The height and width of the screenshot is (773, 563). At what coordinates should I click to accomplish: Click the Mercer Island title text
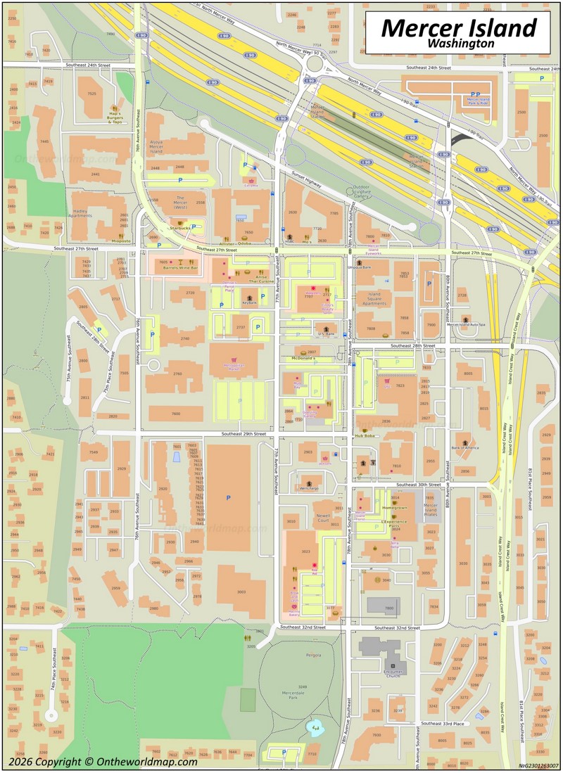click(x=459, y=28)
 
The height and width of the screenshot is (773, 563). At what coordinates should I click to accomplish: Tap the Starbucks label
click(x=180, y=228)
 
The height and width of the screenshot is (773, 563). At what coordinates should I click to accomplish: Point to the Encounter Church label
click(x=393, y=672)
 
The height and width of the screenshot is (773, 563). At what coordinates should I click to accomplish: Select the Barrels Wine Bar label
click(x=180, y=268)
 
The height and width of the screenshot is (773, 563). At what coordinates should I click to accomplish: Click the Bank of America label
click(x=464, y=447)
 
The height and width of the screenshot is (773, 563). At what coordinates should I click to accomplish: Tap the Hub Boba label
click(x=365, y=436)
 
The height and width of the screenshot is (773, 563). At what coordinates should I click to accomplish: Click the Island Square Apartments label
click(x=374, y=300)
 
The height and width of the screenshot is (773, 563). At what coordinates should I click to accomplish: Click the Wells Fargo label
click(x=310, y=487)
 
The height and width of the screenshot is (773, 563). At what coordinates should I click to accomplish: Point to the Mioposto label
click(x=121, y=241)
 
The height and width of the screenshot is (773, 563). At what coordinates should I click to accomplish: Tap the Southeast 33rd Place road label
click(x=442, y=723)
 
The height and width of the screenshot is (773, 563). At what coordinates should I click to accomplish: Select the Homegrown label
click(x=394, y=507)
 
